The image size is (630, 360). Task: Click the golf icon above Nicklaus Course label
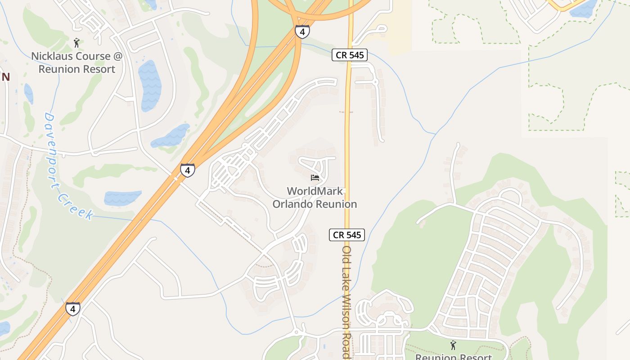click(x=76, y=43)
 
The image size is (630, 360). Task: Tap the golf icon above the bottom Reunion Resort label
click(x=453, y=345)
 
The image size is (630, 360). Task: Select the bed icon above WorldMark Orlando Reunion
click(x=315, y=178)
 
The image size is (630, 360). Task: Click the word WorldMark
click(x=315, y=191)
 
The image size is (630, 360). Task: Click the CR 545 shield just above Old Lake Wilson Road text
click(x=346, y=234)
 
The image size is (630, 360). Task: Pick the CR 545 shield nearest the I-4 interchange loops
click(x=350, y=55)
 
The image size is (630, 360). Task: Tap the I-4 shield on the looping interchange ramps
click(x=302, y=31)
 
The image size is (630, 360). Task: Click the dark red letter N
click(x=5, y=77)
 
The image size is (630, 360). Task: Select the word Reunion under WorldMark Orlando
click(x=335, y=204)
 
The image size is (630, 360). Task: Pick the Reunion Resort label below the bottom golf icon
click(x=453, y=357)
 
